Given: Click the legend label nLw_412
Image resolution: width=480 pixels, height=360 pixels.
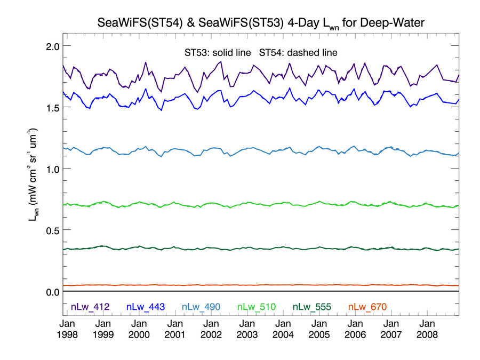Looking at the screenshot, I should click(x=90, y=307).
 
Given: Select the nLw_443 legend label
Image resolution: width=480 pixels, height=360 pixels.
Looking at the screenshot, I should click(x=145, y=307).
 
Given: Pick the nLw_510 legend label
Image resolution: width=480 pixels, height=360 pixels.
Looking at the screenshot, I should click(x=256, y=307).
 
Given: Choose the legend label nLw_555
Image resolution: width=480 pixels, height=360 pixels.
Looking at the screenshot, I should click(x=312, y=307).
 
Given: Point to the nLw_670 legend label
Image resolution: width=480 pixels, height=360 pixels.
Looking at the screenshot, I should click(x=367, y=307).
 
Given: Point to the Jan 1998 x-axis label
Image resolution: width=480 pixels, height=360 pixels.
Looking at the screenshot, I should click(x=67, y=329).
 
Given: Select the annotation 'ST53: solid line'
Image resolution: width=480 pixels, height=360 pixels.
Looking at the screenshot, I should click(x=218, y=52).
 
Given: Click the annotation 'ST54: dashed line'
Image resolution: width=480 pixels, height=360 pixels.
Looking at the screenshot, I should click(x=298, y=52).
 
